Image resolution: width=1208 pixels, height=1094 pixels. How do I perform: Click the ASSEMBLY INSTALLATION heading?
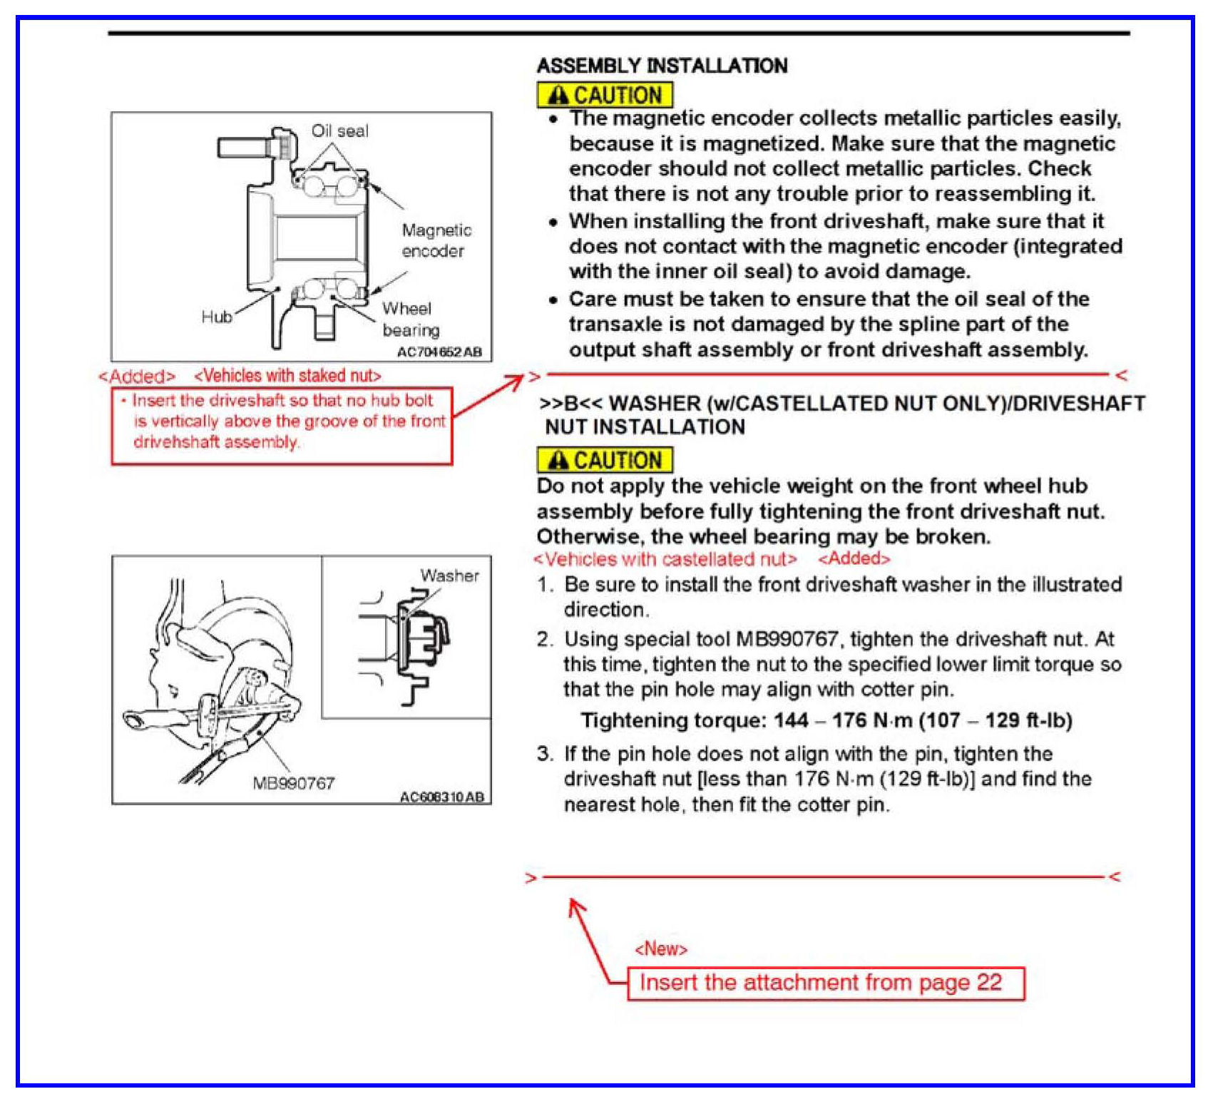point(662,66)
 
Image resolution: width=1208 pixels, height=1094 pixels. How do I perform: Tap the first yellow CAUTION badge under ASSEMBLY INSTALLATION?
point(604,95)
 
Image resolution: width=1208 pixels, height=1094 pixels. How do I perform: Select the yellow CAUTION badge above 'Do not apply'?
point(604,460)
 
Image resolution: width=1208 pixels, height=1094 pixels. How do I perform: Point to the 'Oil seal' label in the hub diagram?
point(339,131)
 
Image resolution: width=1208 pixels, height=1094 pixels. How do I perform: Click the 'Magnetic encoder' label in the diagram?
point(436,240)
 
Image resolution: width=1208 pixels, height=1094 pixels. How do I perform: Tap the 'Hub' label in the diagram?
point(216,317)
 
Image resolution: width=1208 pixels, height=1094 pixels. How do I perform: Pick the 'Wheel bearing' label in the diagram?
point(409,319)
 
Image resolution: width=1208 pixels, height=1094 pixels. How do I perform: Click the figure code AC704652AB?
point(439,352)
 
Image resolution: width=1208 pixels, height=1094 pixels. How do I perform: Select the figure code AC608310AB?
point(441,797)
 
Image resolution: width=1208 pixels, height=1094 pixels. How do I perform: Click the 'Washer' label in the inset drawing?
point(449,576)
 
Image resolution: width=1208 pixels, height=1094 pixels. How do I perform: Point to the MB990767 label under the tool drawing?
point(293,783)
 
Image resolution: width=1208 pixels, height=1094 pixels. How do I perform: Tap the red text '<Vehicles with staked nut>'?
point(287,375)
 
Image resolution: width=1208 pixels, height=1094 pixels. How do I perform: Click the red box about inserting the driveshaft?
point(282,425)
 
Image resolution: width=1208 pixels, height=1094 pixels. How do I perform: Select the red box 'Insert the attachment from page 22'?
point(825,983)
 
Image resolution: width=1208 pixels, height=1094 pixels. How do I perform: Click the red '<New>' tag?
point(660,949)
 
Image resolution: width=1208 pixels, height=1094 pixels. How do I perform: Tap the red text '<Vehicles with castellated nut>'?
point(665,559)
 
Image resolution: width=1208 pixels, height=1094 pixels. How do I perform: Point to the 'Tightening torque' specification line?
point(826,720)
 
